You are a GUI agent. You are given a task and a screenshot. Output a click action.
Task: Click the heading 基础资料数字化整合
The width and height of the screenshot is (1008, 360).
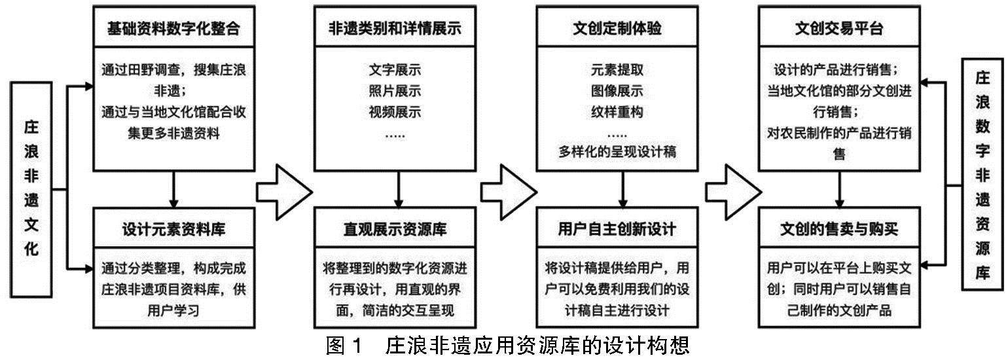(173, 28)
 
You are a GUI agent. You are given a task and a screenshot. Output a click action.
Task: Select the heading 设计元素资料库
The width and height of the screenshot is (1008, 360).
(173, 230)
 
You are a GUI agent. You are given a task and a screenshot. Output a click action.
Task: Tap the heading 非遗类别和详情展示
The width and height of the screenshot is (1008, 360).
(395, 28)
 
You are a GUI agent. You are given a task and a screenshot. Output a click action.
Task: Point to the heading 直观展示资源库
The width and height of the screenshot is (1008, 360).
(395, 230)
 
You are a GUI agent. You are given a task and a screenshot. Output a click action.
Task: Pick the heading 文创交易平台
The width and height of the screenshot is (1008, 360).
(840, 28)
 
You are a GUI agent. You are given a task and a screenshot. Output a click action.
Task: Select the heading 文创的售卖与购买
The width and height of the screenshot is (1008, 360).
(840, 230)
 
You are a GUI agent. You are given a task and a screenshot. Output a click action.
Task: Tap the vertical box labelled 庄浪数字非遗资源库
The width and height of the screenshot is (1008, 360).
(982, 173)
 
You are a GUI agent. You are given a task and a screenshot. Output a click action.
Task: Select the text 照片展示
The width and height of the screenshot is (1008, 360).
(395, 90)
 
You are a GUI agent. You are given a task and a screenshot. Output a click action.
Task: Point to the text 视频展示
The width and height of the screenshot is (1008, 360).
(395, 112)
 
